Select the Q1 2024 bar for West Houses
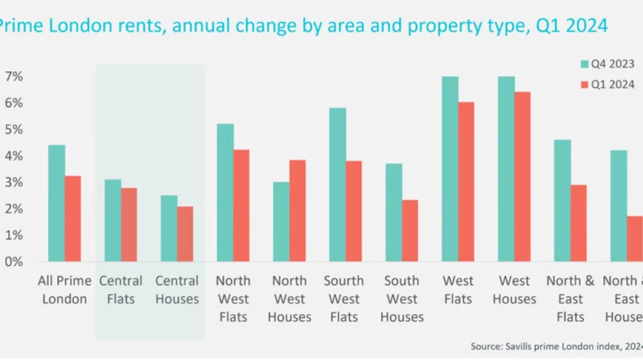click(x=522, y=177)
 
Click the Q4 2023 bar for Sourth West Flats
click(x=337, y=185)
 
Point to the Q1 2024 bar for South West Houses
click(x=410, y=231)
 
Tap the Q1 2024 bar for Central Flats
click(x=129, y=224)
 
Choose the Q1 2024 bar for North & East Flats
click(x=579, y=223)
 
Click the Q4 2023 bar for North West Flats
click(x=225, y=192)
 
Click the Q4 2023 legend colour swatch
click(x=584, y=64)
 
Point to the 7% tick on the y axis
click(x=14, y=77)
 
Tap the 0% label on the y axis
click(x=14, y=261)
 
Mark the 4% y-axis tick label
click(x=14, y=156)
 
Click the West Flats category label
click(x=458, y=290)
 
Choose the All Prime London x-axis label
click(x=65, y=290)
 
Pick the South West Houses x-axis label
click(x=402, y=298)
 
